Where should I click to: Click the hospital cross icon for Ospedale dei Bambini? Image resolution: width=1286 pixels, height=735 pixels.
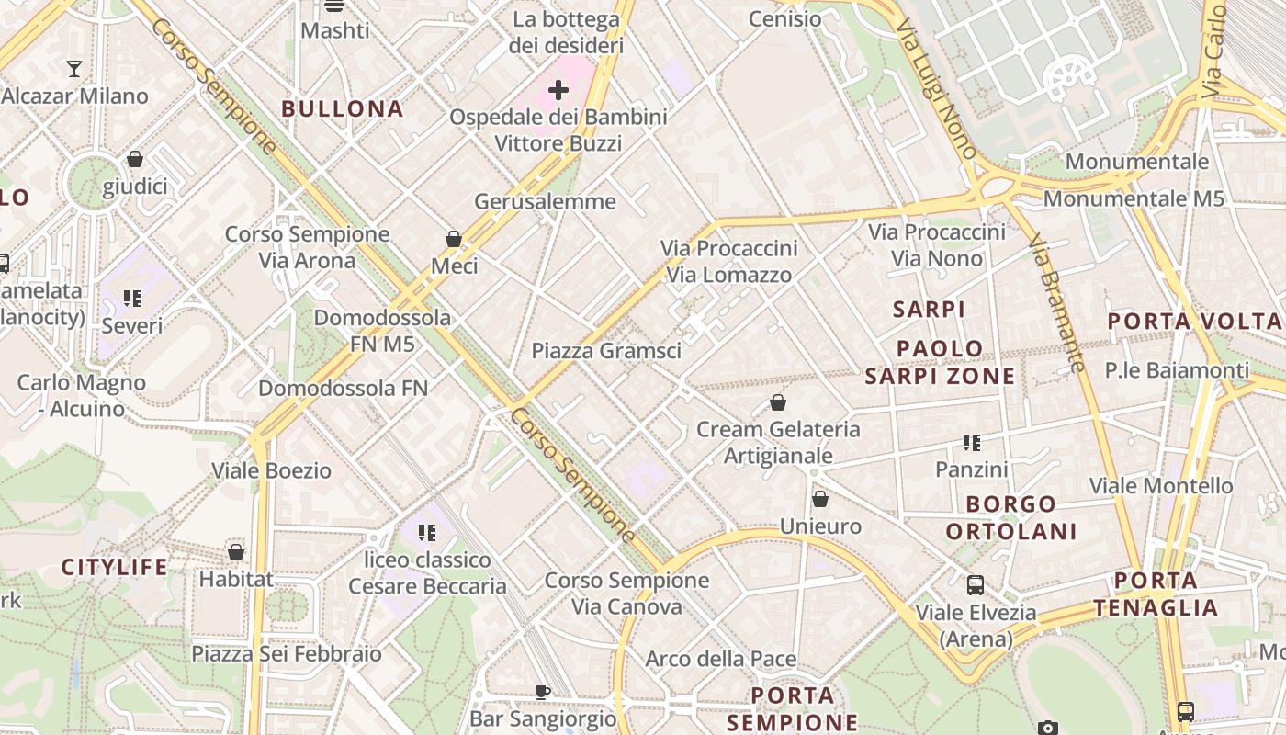click(558, 90)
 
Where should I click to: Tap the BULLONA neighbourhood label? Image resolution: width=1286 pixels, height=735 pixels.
click(343, 108)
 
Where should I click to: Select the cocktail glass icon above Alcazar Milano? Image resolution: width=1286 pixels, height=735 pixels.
click(74, 68)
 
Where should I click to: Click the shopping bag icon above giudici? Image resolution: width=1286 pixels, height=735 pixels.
click(135, 159)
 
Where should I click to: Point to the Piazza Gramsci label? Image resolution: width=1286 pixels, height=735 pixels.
click(606, 351)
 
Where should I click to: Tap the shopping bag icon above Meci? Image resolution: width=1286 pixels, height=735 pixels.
click(454, 239)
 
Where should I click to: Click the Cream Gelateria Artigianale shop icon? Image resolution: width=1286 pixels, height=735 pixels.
click(778, 402)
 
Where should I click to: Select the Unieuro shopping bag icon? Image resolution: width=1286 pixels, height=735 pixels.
click(820, 499)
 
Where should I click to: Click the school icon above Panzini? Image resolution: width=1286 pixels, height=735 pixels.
click(972, 443)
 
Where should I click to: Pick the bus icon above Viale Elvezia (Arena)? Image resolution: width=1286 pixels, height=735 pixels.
click(976, 584)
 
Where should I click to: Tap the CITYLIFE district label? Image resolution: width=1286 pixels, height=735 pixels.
click(115, 567)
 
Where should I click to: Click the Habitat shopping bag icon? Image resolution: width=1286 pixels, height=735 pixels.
click(236, 552)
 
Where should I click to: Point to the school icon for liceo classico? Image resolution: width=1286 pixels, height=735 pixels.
click(426, 533)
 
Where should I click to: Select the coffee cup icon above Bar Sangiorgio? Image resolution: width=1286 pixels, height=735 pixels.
click(543, 691)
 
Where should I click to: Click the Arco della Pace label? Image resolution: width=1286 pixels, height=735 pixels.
click(721, 659)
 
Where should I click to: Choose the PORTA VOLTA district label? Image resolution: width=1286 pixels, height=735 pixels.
click(1194, 322)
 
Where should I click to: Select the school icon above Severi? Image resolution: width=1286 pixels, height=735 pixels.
click(132, 299)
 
